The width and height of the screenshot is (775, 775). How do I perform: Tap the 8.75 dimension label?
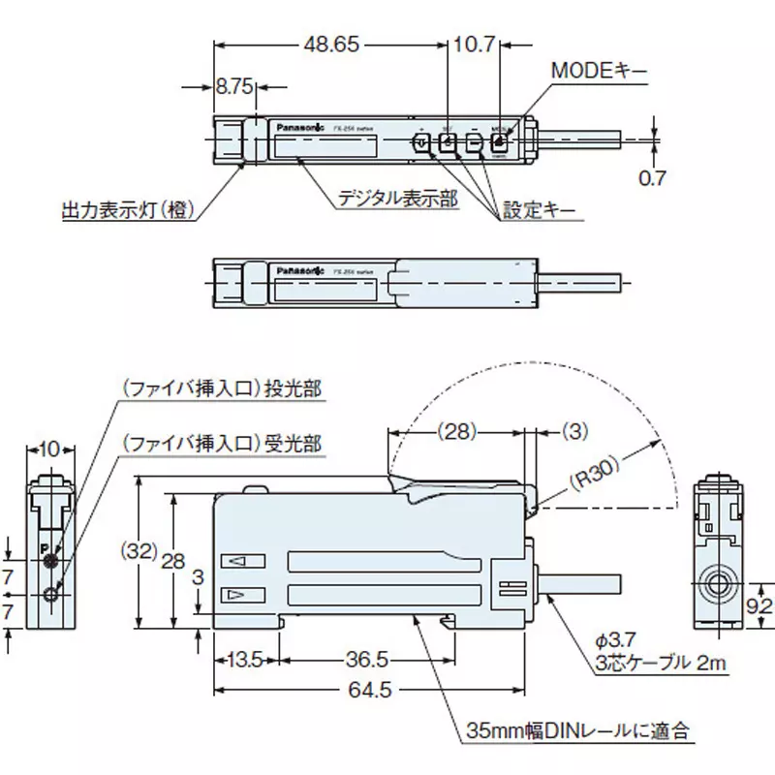233,87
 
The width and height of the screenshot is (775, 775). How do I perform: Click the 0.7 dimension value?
654,177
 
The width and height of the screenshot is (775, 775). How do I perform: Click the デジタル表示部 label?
397,199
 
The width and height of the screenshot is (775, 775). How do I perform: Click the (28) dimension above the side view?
459,429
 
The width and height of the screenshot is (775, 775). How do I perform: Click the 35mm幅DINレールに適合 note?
580,729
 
